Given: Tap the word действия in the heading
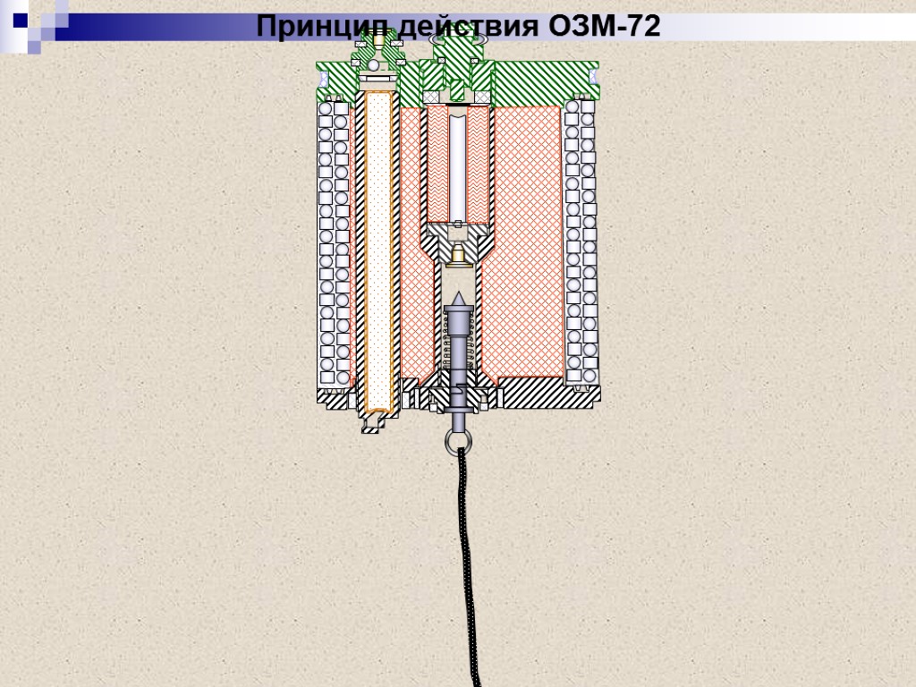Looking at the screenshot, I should [464, 28].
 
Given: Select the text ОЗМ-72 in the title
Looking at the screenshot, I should [601, 28].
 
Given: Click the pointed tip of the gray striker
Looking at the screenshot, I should [458, 298].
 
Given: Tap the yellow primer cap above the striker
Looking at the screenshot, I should [458, 257].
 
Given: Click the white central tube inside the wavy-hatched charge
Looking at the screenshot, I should [458, 165].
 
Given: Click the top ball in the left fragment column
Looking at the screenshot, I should [327, 108].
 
